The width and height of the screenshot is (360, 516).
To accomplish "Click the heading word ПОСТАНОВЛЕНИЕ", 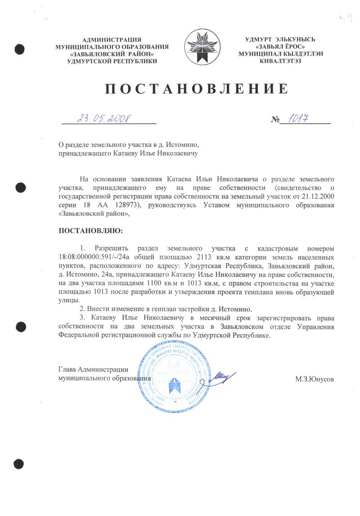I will (196, 89).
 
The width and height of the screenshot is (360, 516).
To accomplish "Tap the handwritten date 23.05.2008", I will (104, 118).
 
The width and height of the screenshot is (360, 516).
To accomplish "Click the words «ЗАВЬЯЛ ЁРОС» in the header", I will (283, 46).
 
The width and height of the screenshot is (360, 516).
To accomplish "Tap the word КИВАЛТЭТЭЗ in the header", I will (283, 61).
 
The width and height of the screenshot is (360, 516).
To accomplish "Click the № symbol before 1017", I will (275, 120).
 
